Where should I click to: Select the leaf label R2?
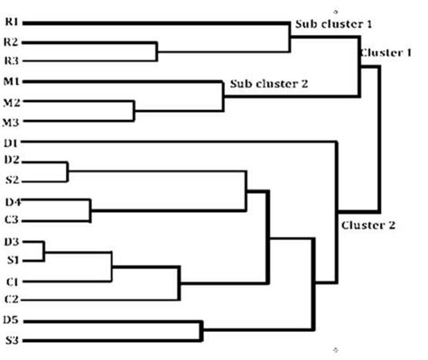12,42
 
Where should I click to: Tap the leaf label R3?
12,60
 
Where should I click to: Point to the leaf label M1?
12,82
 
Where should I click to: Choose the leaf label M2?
12,102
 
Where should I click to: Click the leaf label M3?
12,122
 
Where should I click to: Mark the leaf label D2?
12,161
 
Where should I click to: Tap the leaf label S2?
12,180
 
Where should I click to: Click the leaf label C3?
12,219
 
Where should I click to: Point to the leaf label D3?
12,241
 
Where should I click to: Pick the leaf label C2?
12,298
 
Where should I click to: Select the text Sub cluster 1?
332,22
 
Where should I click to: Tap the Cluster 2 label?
368,225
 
